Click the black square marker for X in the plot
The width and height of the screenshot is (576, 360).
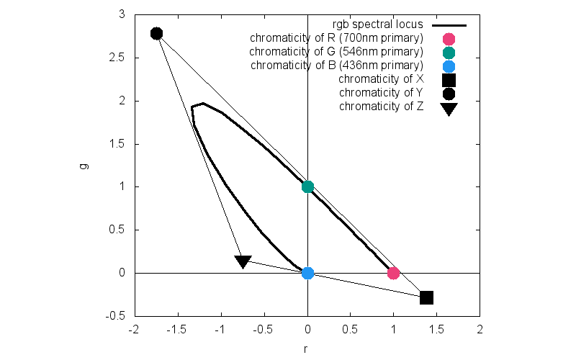tap(426, 297)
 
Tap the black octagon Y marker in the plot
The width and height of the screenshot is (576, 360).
tap(156, 33)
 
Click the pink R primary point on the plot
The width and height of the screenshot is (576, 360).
tap(393, 273)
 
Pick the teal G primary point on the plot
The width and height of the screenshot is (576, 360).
tap(307, 186)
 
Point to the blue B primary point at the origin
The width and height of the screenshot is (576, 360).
tap(307, 273)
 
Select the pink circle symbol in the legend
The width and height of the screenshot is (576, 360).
tap(449, 38)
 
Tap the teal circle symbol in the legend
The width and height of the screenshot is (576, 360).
tap(449, 52)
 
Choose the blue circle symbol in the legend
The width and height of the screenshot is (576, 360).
tap(449, 66)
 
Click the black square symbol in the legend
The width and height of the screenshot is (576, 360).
tap(449, 79)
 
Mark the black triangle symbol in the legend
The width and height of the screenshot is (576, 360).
tap(449, 109)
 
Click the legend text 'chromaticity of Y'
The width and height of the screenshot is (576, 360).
tap(381, 93)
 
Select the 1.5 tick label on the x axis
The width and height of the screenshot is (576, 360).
tap(436, 329)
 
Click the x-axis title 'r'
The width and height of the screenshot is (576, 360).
tap(306, 349)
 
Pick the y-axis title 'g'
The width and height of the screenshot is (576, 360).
tap(84, 166)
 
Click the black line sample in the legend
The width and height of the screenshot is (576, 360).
tap(449, 24)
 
